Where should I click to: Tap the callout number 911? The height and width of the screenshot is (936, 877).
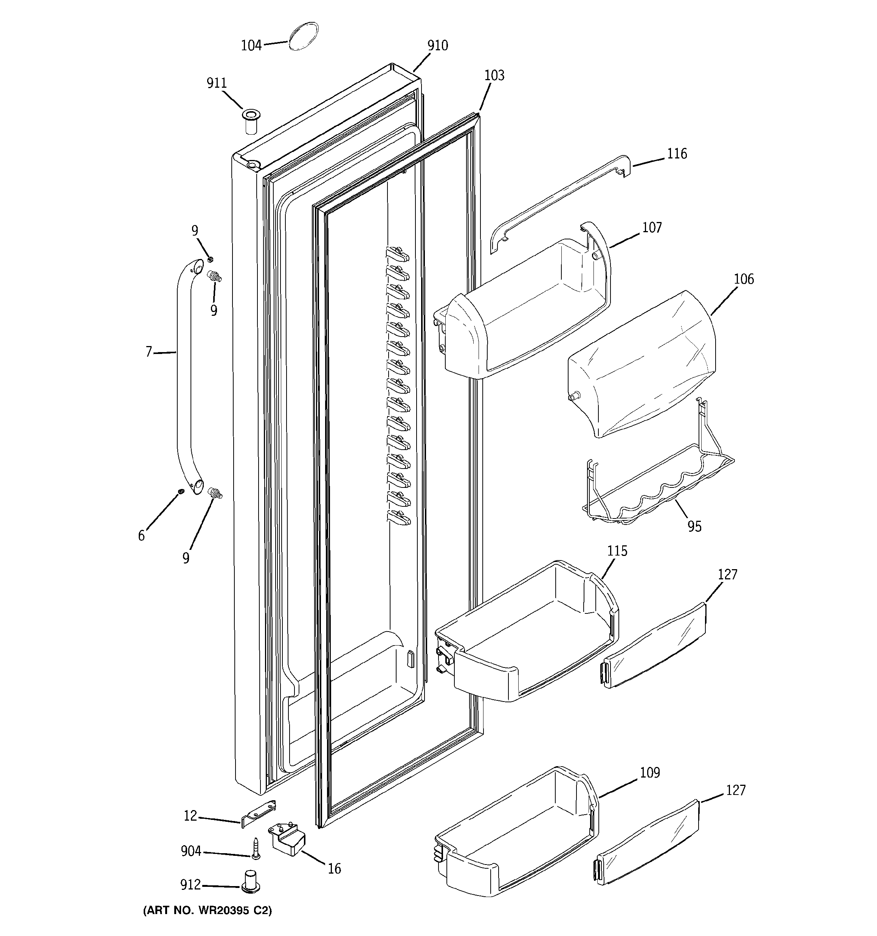[x=217, y=83]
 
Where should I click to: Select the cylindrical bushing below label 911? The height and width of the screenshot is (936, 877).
[x=251, y=121]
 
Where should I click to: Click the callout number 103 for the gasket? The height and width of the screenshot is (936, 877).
[x=494, y=76]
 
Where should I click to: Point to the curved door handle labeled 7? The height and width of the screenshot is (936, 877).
[x=184, y=377]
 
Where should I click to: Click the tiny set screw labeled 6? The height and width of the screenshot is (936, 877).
[x=180, y=492]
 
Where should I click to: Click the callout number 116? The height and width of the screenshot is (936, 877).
[x=677, y=154]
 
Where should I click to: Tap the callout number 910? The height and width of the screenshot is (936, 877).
[x=437, y=46]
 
